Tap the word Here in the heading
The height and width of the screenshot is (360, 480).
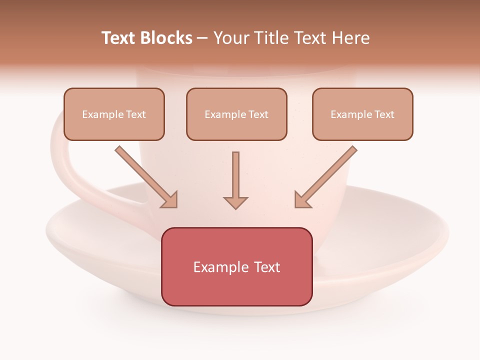(351, 38)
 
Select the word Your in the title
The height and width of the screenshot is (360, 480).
(231, 38)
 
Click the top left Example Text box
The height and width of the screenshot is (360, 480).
(114, 114)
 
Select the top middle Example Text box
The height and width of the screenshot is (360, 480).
(236, 114)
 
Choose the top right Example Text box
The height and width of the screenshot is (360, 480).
(362, 114)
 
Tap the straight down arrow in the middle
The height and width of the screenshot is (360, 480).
(235, 177)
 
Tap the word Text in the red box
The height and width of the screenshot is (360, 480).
(267, 267)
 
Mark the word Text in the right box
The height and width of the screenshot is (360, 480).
(384, 114)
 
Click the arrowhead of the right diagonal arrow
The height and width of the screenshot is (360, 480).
(302, 200)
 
